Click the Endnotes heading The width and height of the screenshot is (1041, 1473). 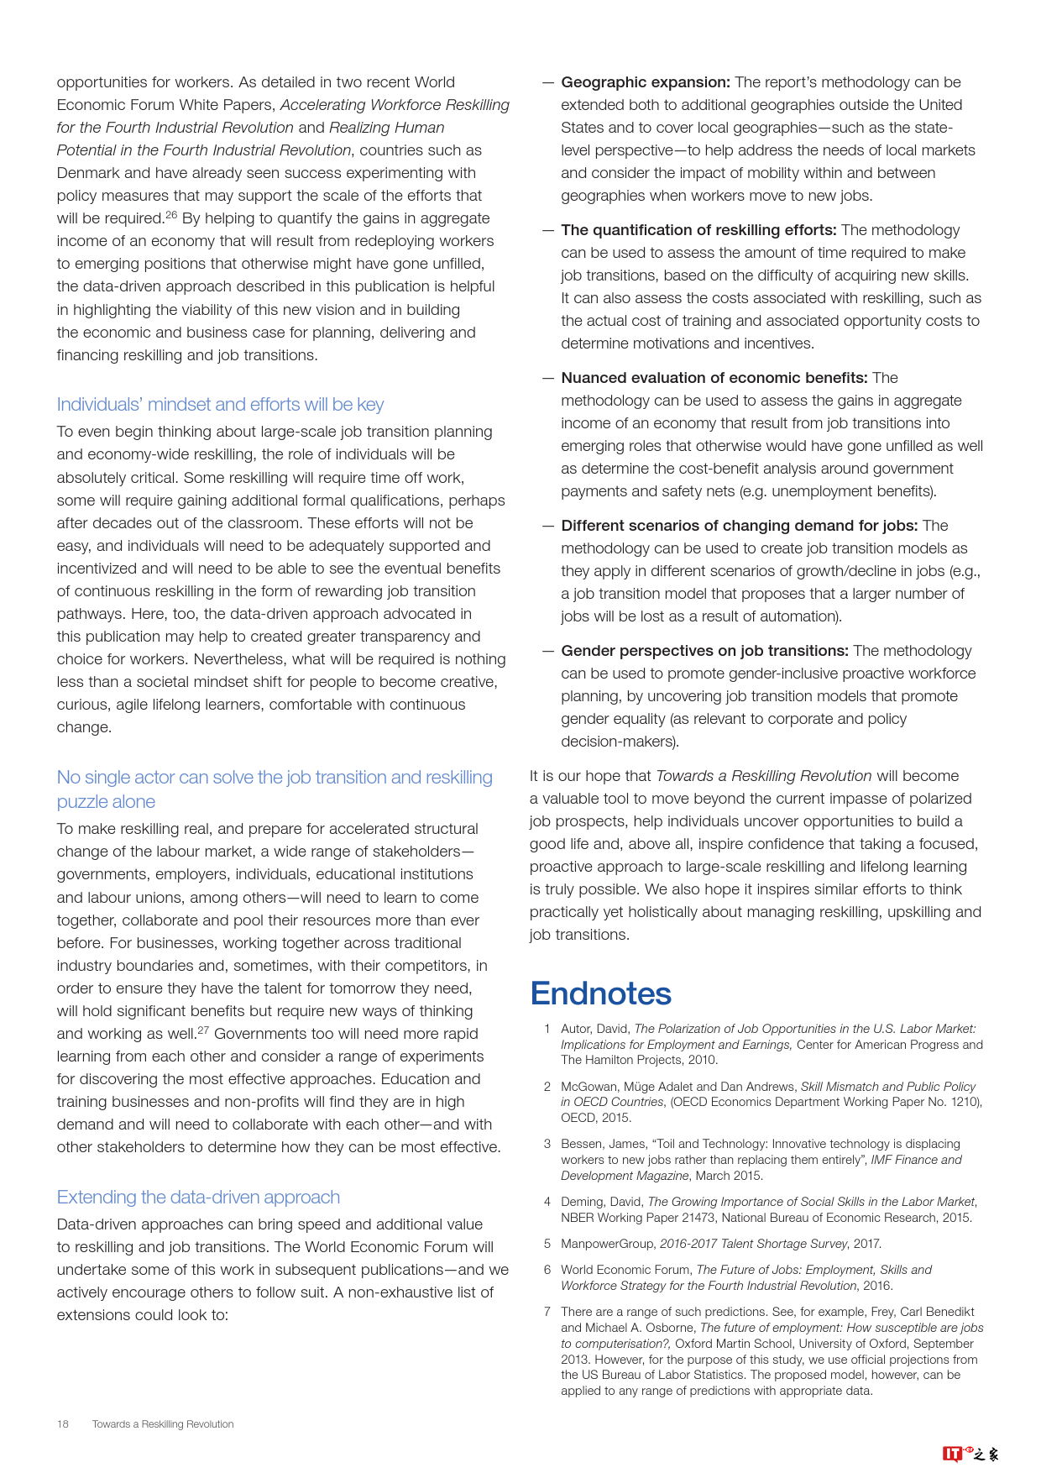pyautogui.click(x=600, y=993)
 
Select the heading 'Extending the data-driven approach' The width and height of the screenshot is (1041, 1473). pyautogui.click(x=198, y=1197)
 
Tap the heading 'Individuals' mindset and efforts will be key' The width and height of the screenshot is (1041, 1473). pyautogui.click(x=220, y=404)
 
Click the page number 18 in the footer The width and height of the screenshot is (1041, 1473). pyautogui.click(x=63, y=1423)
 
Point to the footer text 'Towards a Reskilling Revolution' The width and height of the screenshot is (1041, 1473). pyautogui.click(x=163, y=1423)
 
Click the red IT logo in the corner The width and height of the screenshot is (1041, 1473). pyautogui.click(x=952, y=1454)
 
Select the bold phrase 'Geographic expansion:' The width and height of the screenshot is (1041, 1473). pyautogui.click(x=646, y=82)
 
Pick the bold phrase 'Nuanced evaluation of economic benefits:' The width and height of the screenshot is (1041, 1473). pyautogui.click(x=714, y=378)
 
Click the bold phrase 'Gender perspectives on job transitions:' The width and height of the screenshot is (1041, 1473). pyautogui.click(x=704, y=651)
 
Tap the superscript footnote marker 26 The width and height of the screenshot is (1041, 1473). pyautogui.click(x=171, y=215)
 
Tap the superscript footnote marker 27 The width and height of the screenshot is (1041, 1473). pyautogui.click(x=203, y=1030)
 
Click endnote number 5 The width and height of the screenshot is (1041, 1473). pyautogui.click(x=547, y=1244)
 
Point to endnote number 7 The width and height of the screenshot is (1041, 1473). pyautogui.click(x=547, y=1312)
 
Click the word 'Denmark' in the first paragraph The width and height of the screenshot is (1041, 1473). pyautogui.click(x=86, y=173)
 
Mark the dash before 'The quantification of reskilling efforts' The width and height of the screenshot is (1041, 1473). pyautogui.click(x=548, y=230)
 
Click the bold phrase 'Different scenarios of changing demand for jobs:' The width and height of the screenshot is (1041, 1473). pyautogui.click(x=739, y=526)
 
